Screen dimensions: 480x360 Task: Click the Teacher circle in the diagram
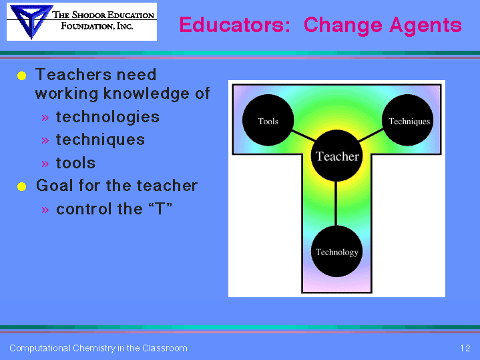coord(336,156)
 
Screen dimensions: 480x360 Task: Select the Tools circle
coord(268,120)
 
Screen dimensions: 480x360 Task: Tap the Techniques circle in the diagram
coord(408,120)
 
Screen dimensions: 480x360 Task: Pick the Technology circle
coord(336,251)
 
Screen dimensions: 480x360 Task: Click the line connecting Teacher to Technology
coord(336,204)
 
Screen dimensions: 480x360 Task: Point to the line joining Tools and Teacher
coord(303,136)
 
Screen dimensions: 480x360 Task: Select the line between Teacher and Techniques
coord(371,135)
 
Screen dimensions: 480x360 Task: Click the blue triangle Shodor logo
coord(30,21)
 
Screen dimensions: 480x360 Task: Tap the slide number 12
coord(465,348)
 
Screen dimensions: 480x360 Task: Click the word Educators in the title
coord(234,25)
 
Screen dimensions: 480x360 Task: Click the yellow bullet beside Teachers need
coord(22,75)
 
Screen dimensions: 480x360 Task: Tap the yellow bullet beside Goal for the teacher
coord(22,186)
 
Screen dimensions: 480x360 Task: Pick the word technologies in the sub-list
coord(107,118)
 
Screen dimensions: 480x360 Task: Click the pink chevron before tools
coord(45,164)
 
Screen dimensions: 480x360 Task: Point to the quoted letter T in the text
coord(160,208)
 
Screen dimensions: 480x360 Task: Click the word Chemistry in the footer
coord(94,349)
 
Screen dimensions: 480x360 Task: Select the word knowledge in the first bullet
coord(146,94)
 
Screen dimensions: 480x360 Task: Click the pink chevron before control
coord(45,210)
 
